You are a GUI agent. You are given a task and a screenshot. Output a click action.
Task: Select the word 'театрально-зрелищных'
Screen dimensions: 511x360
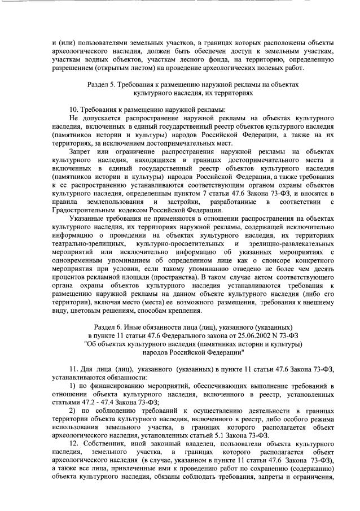(x=78, y=243)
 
